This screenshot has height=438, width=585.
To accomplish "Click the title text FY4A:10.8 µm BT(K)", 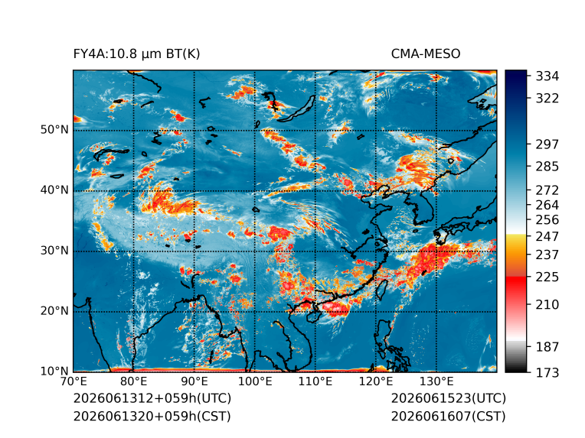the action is pyautogui.click(x=136, y=54).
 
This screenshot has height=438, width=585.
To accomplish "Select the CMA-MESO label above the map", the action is pyautogui.click(x=426, y=54).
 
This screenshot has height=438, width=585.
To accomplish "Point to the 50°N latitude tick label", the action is pyautogui.click(x=54, y=130).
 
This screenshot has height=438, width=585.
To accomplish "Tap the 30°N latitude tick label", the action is pyautogui.click(x=54, y=250).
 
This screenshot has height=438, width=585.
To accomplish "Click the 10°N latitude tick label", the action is pyautogui.click(x=54, y=371).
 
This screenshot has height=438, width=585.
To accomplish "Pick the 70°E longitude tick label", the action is pyautogui.click(x=74, y=381).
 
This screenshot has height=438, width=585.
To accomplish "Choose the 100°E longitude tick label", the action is pyautogui.click(x=255, y=381).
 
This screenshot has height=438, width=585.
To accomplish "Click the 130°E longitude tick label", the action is pyautogui.click(x=436, y=381).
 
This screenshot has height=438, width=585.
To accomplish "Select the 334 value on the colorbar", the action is pyautogui.click(x=547, y=76).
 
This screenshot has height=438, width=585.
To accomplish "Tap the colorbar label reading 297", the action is pyautogui.click(x=547, y=144).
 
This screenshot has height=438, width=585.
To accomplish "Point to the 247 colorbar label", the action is pyautogui.click(x=547, y=236).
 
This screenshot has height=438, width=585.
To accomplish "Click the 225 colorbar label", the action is pyautogui.click(x=547, y=277).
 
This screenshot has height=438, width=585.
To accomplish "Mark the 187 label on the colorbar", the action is pyautogui.click(x=547, y=347).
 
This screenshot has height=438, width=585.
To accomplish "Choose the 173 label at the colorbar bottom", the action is pyautogui.click(x=547, y=372).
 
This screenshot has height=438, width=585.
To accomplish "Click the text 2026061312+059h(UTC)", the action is pyautogui.click(x=152, y=398).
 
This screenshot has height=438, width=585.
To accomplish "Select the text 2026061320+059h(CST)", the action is pyautogui.click(x=152, y=417).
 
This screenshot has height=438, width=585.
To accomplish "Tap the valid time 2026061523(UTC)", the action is pyautogui.click(x=449, y=398).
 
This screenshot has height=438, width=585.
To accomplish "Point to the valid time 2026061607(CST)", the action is pyautogui.click(x=449, y=417).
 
